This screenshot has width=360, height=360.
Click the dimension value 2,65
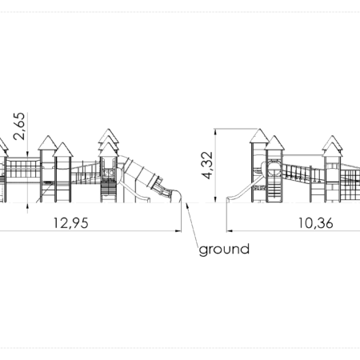pyautogui.click(x=19, y=126)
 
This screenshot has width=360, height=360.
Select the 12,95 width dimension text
pyautogui.click(x=71, y=223)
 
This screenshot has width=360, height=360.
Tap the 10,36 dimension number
pyautogui.click(x=315, y=223)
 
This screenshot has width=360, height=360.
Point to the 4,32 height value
pyautogui.click(x=207, y=166)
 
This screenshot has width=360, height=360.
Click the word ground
pyautogui.click(x=224, y=250)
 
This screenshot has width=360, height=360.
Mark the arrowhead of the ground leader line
pyautogui.click(x=187, y=206)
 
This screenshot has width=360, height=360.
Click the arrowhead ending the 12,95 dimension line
pyautogui.click(x=178, y=231)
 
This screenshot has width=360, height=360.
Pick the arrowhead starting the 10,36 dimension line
pyautogui.click(x=230, y=231)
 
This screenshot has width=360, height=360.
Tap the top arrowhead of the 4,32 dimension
pyautogui.click(x=215, y=132)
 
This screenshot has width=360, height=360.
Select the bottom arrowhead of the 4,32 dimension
pyautogui.click(x=215, y=199)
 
